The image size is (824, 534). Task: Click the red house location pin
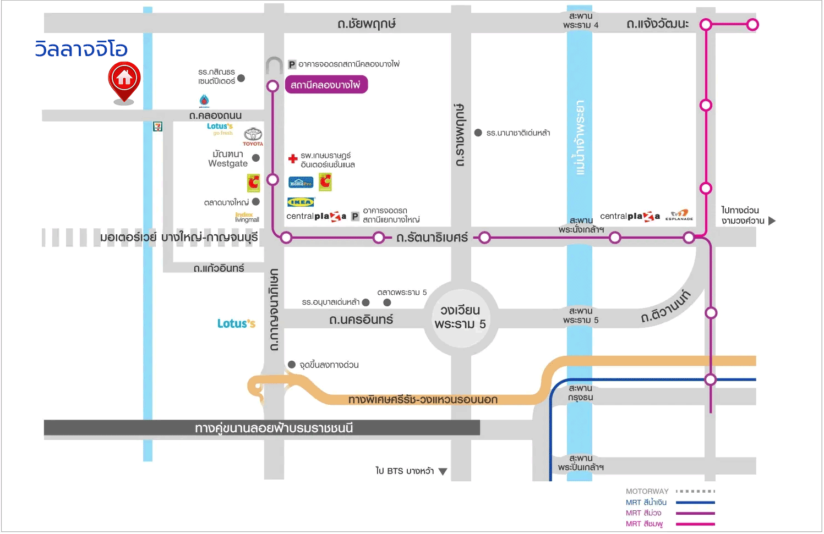124,80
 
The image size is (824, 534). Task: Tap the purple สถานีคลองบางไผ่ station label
325,85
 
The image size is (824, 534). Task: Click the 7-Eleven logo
158,127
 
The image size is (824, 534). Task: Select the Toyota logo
253,136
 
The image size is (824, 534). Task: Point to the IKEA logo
301,202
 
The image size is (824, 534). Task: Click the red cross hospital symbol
293,159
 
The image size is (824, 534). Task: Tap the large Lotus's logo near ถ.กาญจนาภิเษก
236,324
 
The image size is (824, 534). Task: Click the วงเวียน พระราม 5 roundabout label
460,317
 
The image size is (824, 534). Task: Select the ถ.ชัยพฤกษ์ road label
367,24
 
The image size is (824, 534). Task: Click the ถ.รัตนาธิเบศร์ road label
432,238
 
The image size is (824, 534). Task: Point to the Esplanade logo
679,215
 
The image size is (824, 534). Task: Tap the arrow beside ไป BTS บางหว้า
443,471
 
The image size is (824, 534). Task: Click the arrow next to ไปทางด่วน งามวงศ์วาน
772,221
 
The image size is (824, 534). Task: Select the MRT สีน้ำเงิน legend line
695,503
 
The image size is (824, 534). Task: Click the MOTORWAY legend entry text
647,492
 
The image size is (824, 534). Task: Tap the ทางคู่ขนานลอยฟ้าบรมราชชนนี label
274,428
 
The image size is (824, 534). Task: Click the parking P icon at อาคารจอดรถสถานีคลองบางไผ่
292,65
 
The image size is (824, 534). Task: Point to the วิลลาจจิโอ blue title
81,49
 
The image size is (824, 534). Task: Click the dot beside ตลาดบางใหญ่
256,202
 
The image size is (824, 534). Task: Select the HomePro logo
301,182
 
